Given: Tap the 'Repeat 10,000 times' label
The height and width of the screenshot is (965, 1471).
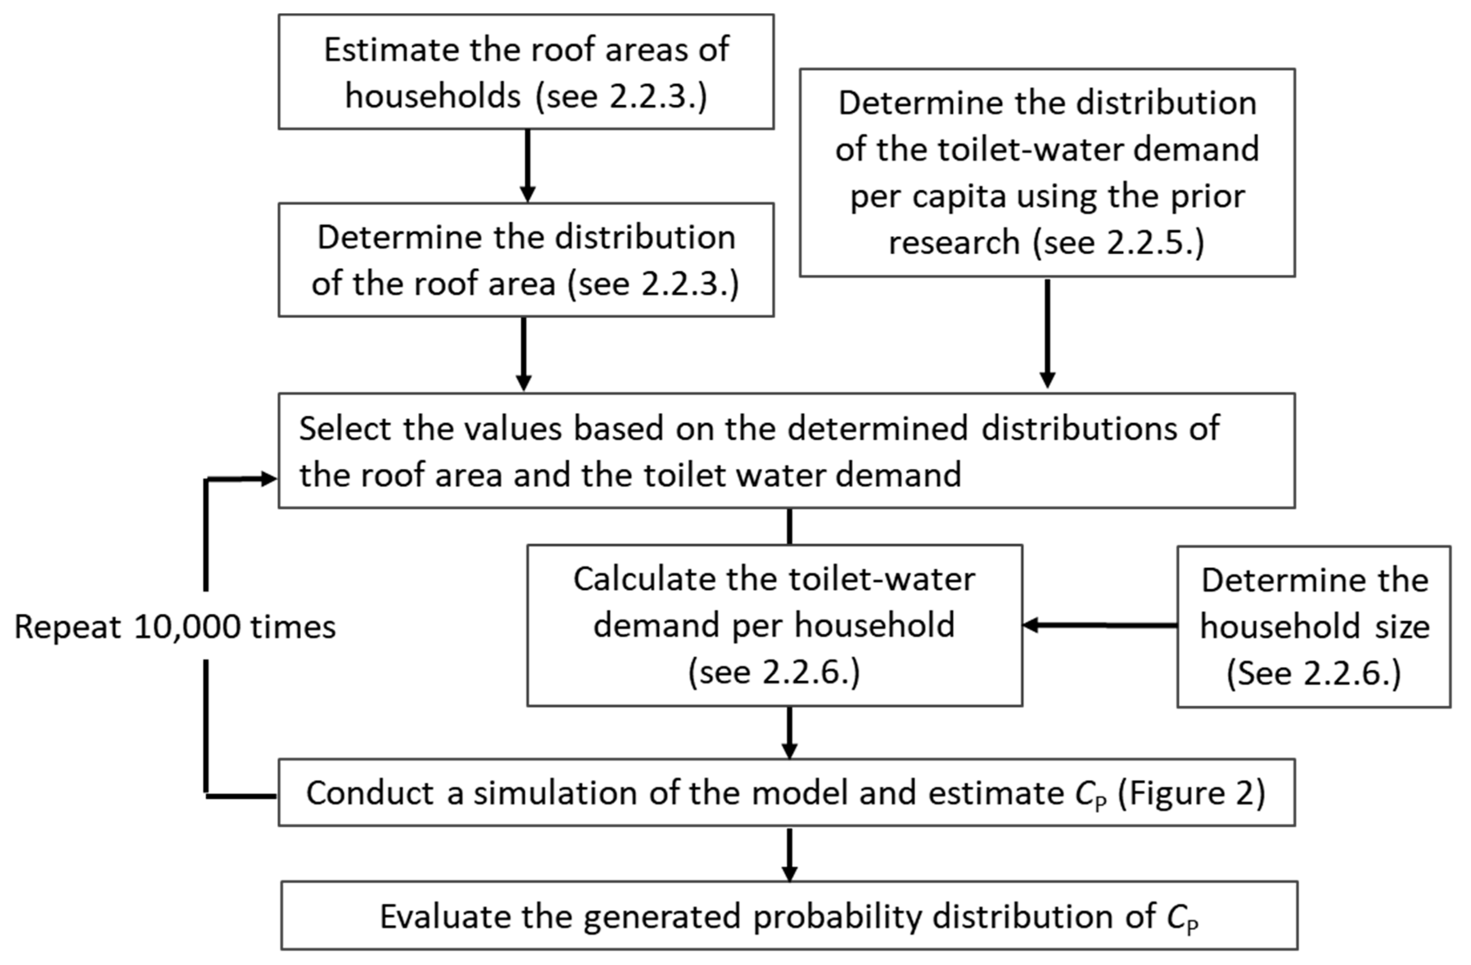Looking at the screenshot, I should (x=175, y=627).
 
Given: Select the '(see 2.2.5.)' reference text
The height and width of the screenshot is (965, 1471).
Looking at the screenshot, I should (x=1119, y=242).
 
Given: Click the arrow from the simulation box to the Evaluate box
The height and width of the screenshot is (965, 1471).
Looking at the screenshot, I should (x=789, y=854).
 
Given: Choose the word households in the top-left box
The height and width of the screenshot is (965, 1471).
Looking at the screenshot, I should (x=433, y=97).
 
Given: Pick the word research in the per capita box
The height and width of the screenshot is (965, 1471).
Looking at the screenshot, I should (x=953, y=242).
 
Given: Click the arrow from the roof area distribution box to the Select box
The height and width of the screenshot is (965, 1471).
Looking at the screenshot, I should (x=524, y=354).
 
